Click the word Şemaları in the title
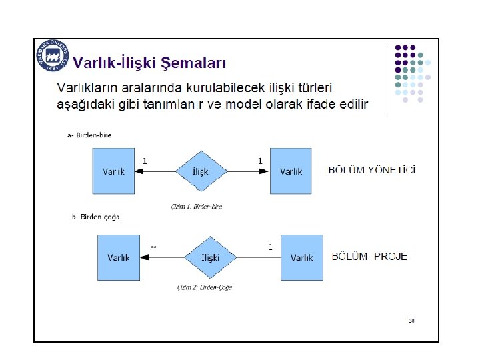click(196, 63)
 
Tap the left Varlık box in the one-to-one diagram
click(113, 171)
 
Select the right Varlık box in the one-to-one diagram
click(291, 171)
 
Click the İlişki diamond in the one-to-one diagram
click(201, 171)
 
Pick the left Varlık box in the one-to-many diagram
click(118, 257)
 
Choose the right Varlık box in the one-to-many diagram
click(301, 257)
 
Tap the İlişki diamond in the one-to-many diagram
click(210, 257)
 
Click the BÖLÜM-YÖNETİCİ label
click(373, 171)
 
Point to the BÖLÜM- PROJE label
click(370, 256)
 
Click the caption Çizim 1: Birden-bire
click(197, 207)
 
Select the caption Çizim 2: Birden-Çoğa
click(205, 288)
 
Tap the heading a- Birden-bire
click(90, 135)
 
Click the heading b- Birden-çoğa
click(96, 217)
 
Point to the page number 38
click(411, 321)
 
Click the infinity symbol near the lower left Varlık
click(153, 247)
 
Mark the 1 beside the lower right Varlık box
click(270, 247)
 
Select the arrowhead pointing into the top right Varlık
click(265, 171)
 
